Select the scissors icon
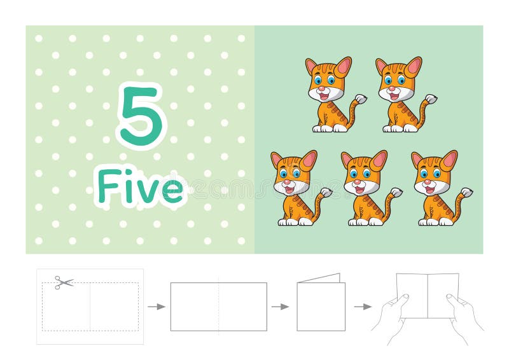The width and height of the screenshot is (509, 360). [63, 282]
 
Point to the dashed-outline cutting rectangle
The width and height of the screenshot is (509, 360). [90, 307]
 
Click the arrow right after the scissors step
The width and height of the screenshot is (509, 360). [156, 307]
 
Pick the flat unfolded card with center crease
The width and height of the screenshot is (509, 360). [218, 307]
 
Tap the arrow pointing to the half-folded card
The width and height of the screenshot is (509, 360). [279, 307]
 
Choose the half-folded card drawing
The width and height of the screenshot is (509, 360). [321, 304]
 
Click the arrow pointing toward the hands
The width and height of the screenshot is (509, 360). [363, 307]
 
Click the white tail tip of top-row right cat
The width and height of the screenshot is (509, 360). [431, 99]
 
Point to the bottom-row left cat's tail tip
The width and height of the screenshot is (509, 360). [326, 192]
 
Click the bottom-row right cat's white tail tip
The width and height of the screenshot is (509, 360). [466, 192]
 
